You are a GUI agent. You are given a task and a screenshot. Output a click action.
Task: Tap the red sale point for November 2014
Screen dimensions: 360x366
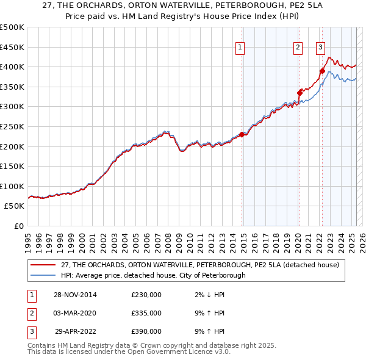tap(242, 134)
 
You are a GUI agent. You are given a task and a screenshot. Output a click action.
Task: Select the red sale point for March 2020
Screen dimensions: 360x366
tap(300, 93)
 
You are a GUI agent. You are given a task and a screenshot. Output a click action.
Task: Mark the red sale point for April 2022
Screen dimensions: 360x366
tap(322, 71)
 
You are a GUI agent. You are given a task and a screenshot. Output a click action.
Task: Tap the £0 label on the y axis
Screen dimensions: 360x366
tap(18, 226)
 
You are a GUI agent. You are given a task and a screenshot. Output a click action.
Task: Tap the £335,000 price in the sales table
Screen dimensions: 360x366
tap(146, 313)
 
